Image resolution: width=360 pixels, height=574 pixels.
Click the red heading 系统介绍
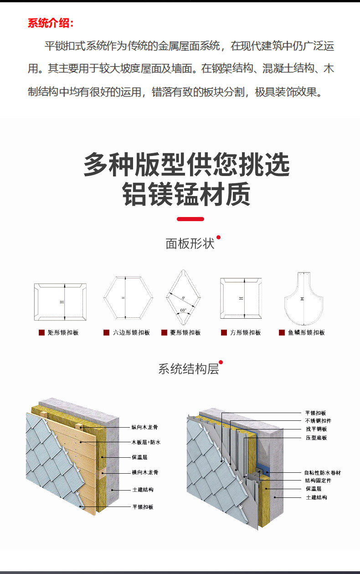pos(51,23)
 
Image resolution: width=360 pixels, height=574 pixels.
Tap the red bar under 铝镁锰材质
pos(190,219)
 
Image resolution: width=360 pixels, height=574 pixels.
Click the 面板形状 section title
pos(190,243)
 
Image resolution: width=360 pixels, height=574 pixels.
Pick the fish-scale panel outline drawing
pos(302,297)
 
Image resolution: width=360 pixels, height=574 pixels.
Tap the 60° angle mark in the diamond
pos(183,310)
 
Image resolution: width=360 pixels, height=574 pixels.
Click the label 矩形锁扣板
pos(63,333)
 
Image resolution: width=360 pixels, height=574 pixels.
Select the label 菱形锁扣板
pos(185,333)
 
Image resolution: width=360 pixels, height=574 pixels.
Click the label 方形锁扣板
pos(245,333)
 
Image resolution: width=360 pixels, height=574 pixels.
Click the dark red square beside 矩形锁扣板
pos(41,333)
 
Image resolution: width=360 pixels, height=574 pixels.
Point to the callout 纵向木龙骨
pos(145,427)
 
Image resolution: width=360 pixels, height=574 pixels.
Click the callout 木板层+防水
pos(146,442)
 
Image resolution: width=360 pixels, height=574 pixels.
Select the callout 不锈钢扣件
pos(318,420)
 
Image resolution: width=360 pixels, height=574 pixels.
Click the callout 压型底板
pos(316,438)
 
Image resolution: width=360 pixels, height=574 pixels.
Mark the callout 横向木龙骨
pos(145,472)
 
